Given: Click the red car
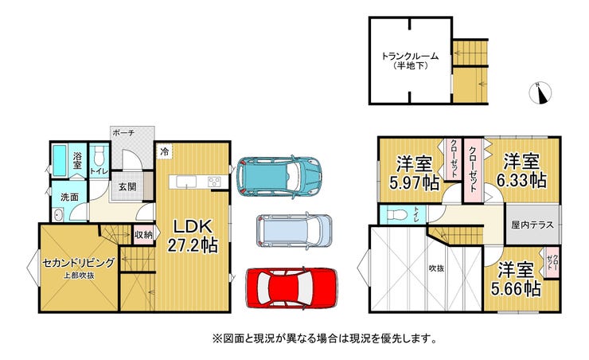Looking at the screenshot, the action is pos(291,288).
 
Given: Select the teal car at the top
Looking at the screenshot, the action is pos(279,176).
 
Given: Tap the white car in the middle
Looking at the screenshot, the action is pos(294,230).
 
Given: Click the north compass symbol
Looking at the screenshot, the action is pos(540,92).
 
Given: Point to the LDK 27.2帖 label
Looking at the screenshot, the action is pos(193,236).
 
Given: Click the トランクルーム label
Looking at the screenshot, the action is pos(410,57).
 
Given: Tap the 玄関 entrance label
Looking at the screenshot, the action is pos(127,186).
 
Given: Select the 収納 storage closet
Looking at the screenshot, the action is pos(143,235).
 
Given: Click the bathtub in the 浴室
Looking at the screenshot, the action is pos(60,160).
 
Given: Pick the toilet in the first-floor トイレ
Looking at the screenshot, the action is pos(99,156).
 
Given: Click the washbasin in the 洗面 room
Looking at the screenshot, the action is pos(58,216).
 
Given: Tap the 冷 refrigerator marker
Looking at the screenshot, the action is pos(165,151).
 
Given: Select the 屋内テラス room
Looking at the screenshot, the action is pos(532,225).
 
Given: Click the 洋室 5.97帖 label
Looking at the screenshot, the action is pos(415,174).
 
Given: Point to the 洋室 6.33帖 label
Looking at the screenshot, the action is pos(521,170).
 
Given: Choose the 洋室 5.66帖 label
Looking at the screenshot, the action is pos(516,279).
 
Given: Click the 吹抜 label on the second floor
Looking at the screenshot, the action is pos(436,268).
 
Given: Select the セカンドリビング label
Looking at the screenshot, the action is pos(78,263).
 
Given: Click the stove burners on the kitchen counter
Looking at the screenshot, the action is pos(214,182).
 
